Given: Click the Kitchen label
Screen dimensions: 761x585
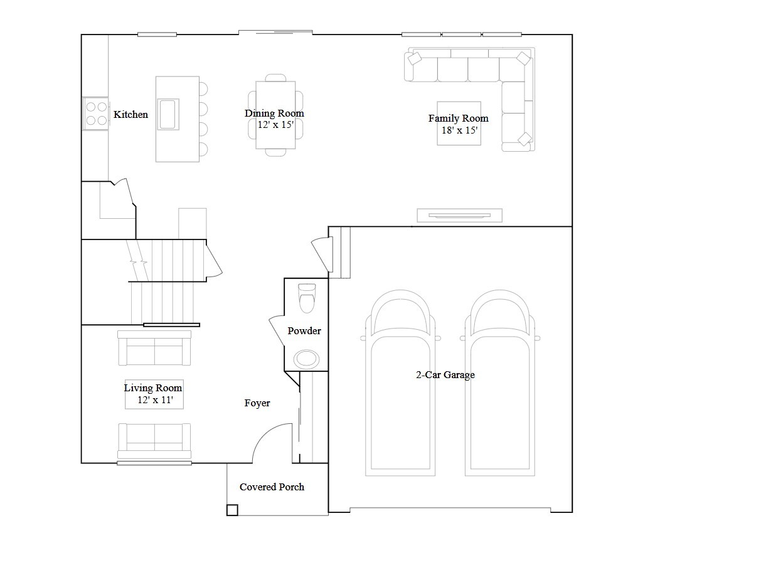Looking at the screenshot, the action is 130,114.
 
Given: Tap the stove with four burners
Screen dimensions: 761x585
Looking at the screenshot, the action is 95,113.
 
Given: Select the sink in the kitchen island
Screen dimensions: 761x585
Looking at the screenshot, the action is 168,114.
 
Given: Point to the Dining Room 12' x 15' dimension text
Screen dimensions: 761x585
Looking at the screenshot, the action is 275,125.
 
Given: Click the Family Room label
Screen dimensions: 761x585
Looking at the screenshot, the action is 459,119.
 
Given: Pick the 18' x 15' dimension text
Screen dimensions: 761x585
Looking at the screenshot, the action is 459,130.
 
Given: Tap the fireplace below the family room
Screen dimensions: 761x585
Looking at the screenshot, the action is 459,216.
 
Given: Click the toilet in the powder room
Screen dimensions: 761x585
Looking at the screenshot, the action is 307,298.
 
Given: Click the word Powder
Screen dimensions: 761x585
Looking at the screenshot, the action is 304,330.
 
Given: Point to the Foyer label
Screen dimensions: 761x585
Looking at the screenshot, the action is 257,403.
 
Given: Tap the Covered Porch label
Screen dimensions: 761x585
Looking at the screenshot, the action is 272,487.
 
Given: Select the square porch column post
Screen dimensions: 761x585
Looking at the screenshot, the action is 232,510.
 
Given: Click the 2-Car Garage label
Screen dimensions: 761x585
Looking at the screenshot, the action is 445,375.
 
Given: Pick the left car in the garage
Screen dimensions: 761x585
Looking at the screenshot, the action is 400,382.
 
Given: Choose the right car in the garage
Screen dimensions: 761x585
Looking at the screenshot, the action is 500,382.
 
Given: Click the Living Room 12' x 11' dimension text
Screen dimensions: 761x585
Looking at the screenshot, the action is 155,400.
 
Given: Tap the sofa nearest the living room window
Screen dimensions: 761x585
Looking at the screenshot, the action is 154,441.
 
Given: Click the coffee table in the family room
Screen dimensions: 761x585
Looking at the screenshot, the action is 459,123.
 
